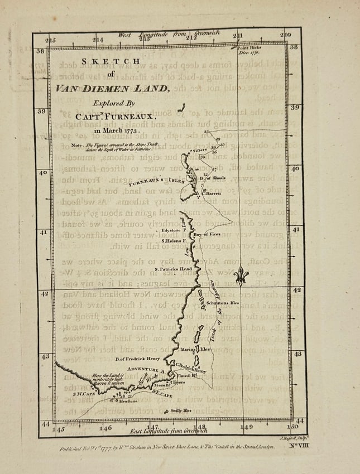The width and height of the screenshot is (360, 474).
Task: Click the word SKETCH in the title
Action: point(111,61)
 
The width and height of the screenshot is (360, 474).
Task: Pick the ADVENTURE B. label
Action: point(144,370)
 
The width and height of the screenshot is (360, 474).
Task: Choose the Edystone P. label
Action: point(174,229)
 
